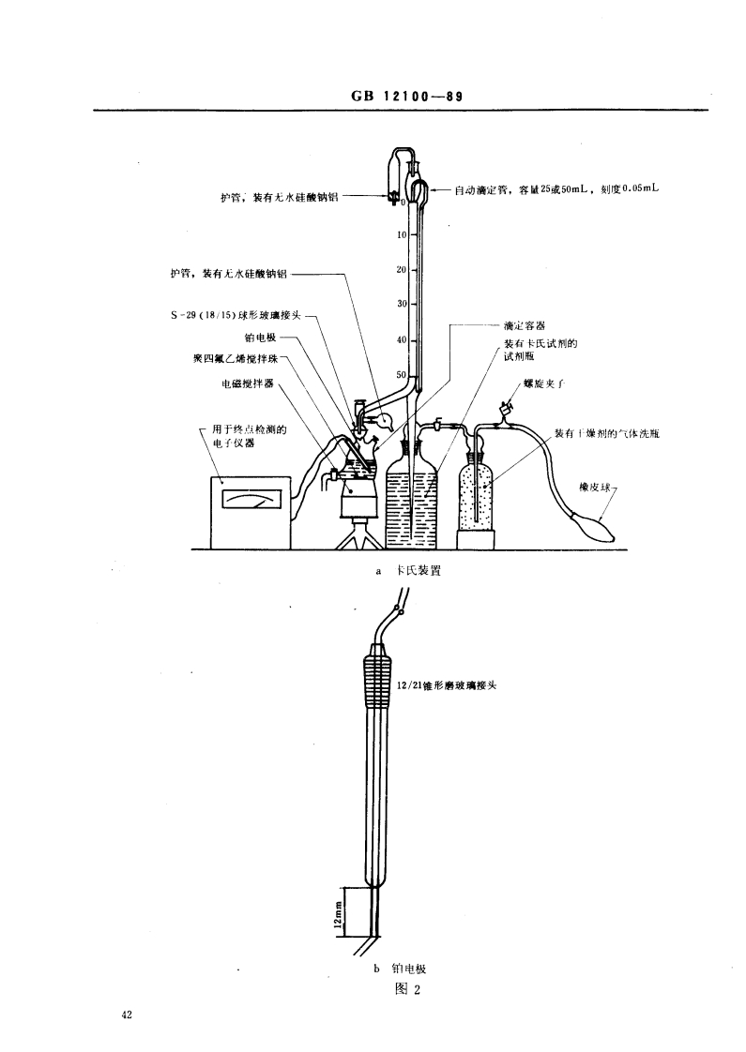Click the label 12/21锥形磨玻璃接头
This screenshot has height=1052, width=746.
[x=445, y=685]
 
